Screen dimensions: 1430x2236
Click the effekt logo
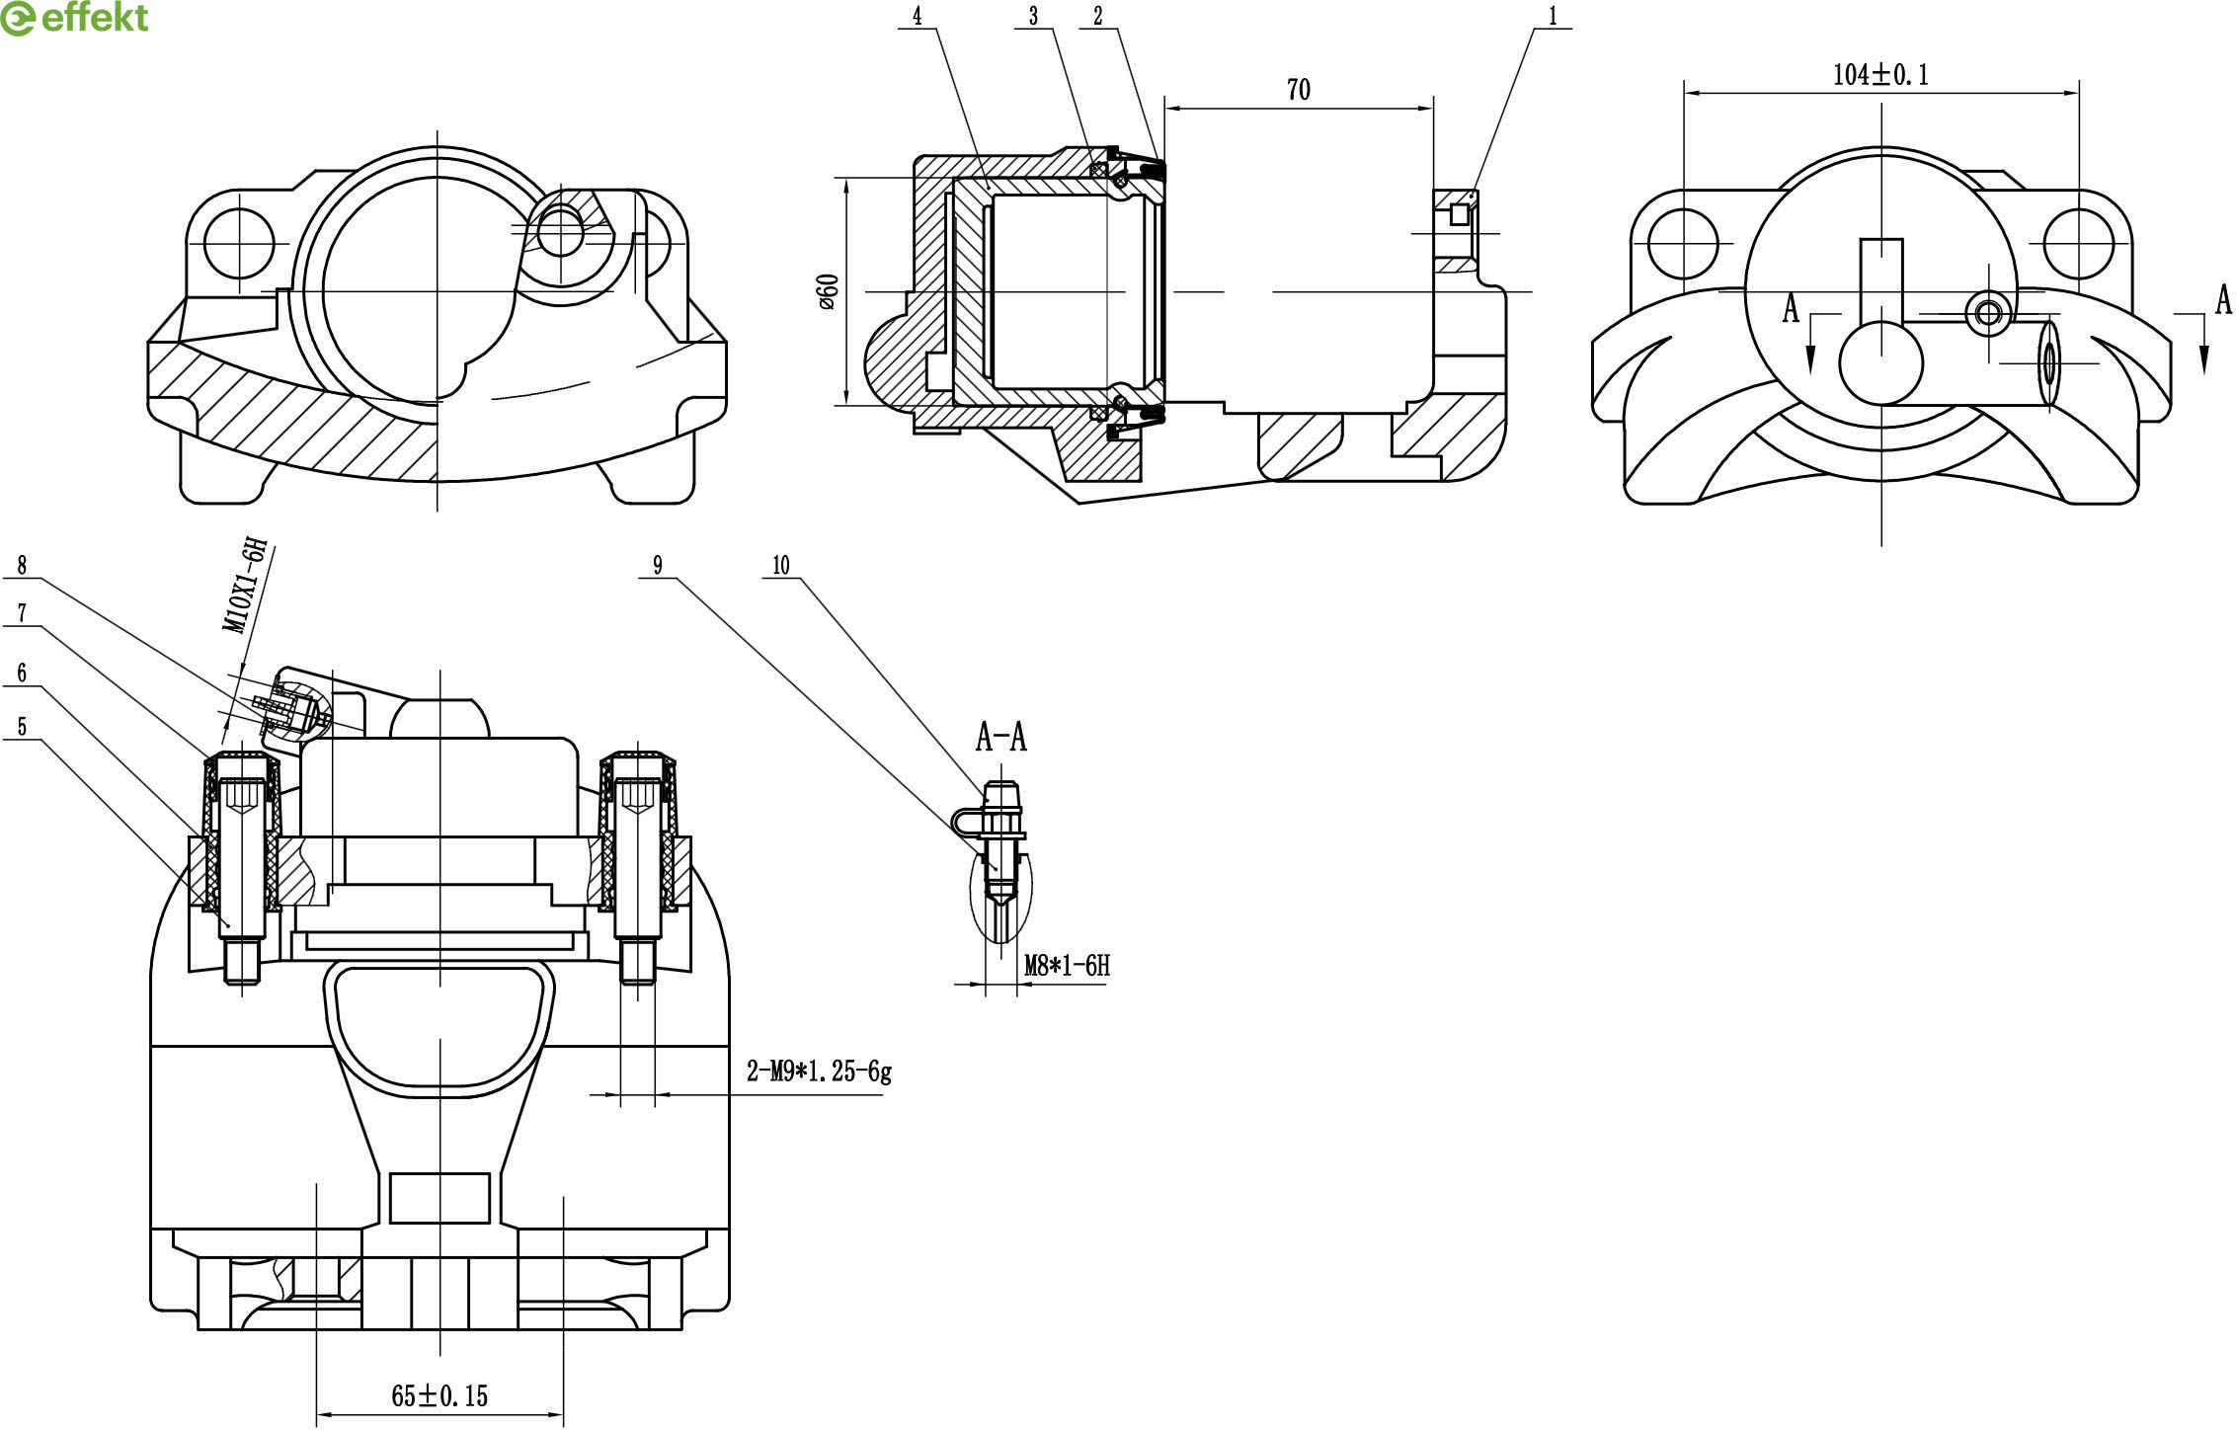[74, 18]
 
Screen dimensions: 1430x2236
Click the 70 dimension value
[1299, 90]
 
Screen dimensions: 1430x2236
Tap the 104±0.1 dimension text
[1880, 75]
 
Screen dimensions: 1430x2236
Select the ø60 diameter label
[828, 291]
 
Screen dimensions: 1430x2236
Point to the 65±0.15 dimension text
[439, 1395]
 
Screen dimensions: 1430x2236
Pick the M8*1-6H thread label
[1067, 965]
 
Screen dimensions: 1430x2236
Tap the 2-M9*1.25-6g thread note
[819, 1072]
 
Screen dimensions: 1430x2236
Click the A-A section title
[1000, 737]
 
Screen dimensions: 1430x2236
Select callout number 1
[1553, 16]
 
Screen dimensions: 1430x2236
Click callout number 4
[917, 16]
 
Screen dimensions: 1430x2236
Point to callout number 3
[1033, 16]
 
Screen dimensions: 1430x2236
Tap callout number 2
[1097, 16]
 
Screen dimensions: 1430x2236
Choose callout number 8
[22, 565]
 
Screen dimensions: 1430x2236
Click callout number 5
[22, 727]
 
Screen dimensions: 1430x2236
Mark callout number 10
[781, 565]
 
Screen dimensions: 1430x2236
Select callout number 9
[657, 565]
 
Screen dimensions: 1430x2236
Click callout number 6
[22, 673]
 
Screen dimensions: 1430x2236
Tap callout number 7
[22, 613]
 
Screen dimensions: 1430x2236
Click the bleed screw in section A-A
[1000, 839]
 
